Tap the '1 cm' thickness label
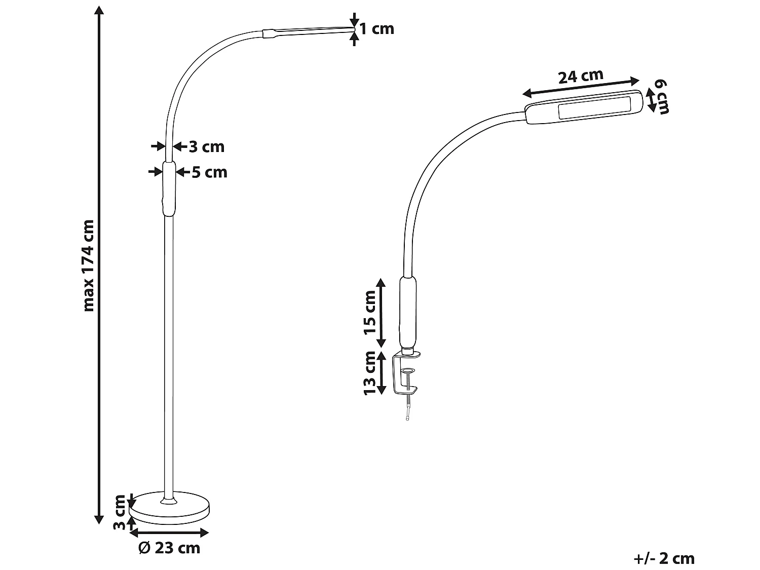376,29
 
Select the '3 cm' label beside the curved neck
206,147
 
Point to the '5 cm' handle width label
209,172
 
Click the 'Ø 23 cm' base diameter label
169,548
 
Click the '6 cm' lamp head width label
661,96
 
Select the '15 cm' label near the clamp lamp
370,313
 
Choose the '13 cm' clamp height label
370,372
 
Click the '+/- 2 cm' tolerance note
664,558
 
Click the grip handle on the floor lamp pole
169,188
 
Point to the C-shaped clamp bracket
400,375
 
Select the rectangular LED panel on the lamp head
594,108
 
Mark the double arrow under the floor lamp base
169,533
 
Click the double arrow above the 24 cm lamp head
581,87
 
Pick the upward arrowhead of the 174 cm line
99,11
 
